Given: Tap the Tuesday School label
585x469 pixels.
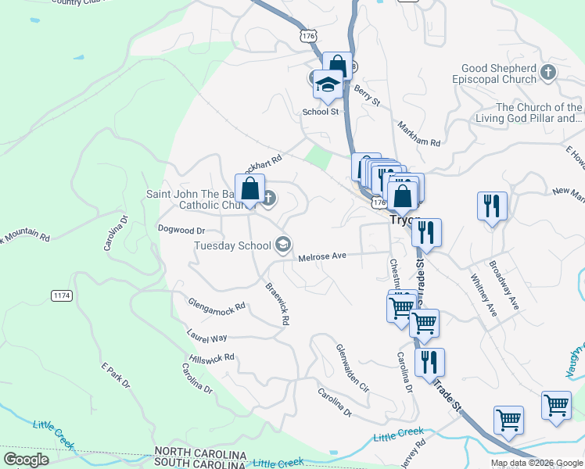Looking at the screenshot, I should point(232,245).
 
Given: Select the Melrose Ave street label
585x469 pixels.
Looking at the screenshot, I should point(321,256).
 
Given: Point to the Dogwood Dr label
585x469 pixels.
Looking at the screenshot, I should point(181,231).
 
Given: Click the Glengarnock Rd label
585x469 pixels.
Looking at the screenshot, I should point(217,304).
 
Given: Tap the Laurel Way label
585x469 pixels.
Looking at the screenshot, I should point(206,338).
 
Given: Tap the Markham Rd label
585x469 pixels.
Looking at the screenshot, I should point(419,134).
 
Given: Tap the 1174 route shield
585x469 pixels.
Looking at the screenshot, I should point(63,295).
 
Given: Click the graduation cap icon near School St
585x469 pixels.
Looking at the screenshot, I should point(327,85).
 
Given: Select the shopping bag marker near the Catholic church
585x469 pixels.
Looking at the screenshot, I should point(249,189).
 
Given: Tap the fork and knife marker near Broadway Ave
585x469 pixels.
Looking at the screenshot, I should point(492,206).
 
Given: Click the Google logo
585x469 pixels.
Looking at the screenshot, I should point(26,460).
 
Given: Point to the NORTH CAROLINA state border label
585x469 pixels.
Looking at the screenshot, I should point(200,453).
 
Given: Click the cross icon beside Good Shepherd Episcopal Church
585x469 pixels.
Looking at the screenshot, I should point(548,73).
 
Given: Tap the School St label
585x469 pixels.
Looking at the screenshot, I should point(320,112).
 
